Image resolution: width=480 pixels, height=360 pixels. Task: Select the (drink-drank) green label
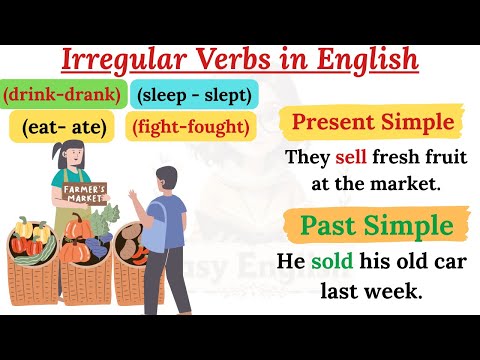(63, 96)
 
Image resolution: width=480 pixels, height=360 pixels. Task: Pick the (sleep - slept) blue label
(195, 96)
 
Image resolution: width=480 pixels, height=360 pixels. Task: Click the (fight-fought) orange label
(191, 127)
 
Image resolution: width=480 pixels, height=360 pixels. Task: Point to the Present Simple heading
(372, 124)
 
